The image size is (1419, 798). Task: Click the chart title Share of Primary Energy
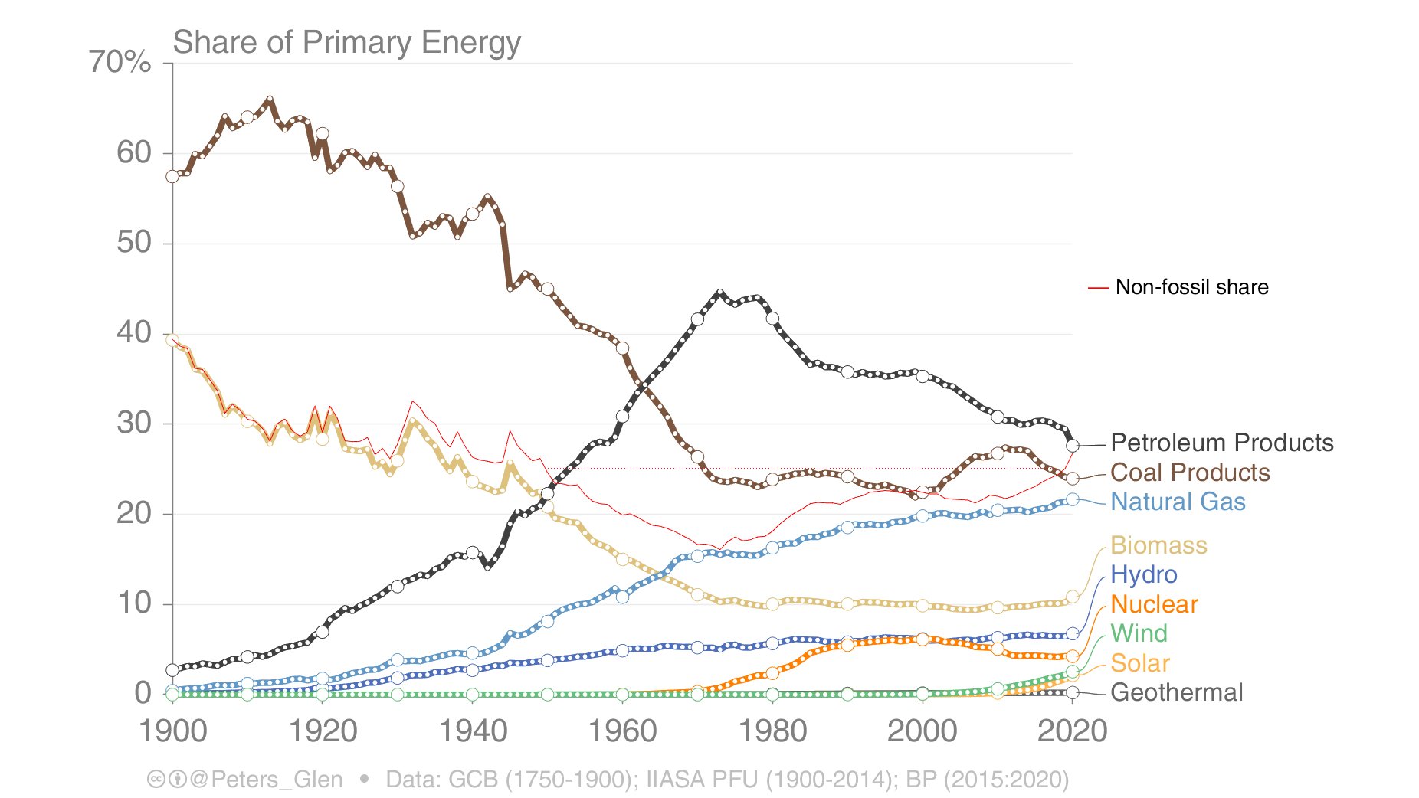click(346, 42)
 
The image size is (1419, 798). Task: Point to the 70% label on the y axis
click(120, 62)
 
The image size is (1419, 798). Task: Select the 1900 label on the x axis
click(172, 731)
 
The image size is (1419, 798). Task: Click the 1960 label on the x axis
click(622, 731)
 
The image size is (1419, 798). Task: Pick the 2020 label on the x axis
click(1072, 731)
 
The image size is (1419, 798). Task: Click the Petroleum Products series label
click(1221, 443)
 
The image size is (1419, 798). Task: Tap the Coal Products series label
click(1190, 473)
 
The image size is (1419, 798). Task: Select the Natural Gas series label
click(1178, 502)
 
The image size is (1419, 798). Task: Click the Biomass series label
click(1158, 545)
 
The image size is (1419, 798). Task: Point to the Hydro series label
click(1143, 574)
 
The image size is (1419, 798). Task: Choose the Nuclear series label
click(1153, 604)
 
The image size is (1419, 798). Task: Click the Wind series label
click(1139, 633)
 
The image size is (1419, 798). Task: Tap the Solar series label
click(1140, 663)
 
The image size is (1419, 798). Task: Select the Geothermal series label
click(1176, 692)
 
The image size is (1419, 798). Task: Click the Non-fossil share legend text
click(1191, 287)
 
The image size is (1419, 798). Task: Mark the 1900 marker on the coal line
click(172, 177)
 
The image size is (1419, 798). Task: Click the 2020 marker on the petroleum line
click(1073, 446)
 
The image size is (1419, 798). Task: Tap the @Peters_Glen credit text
click(265, 780)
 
